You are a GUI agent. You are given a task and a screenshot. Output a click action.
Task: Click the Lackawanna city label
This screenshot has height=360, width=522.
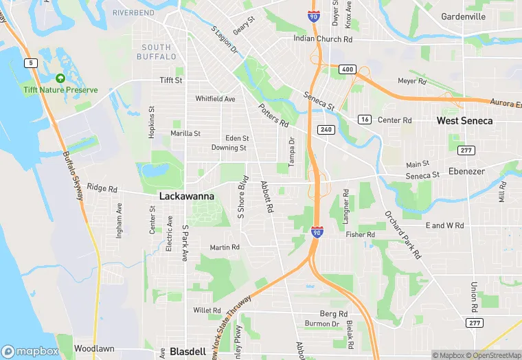pyautogui.click(x=186, y=196)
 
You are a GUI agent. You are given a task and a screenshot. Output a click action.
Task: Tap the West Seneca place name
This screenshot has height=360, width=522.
pyautogui.click(x=465, y=120)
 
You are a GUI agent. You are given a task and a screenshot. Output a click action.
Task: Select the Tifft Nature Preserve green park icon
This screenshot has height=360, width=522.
pyautogui.click(x=60, y=79)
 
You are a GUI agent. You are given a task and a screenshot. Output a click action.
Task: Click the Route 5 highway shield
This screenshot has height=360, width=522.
pyautogui.click(x=30, y=63)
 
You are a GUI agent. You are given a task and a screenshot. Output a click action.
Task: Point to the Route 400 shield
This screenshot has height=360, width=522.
pyautogui.click(x=348, y=69)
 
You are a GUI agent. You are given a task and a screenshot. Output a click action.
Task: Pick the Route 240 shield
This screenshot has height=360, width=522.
pyautogui.click(x=325, y=129)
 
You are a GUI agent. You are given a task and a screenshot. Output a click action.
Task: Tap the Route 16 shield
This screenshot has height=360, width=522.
pyautogui.click(x=364, y=120)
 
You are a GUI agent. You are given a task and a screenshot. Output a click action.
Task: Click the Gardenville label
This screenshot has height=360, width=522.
pyautogui.click(x=463, y=16)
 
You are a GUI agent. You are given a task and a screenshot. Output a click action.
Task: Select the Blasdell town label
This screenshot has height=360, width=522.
pyautogui.click(x=188, y=351)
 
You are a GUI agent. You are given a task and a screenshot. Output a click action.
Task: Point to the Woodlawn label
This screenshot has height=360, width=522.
pyautogui.click(x=94, y=349)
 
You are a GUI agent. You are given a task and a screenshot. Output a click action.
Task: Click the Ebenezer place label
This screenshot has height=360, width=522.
pyautogui.click(x=466, y=171)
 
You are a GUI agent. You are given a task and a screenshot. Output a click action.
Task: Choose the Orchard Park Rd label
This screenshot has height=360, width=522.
pyautogui.click(x=402, y=234)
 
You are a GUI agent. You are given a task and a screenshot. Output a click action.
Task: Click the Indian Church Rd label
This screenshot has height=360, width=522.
pyautogui.click(x=323, y=39)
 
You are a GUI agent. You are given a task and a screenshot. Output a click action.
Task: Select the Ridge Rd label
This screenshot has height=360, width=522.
pyautogui.click(x=102, y=188)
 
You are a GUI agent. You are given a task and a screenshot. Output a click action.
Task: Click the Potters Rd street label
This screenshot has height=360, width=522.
pyautogui.click(x=273, y=115)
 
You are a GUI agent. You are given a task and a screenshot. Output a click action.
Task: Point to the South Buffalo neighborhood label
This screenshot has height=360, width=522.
pyautogui.click(x=156, y=52)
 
